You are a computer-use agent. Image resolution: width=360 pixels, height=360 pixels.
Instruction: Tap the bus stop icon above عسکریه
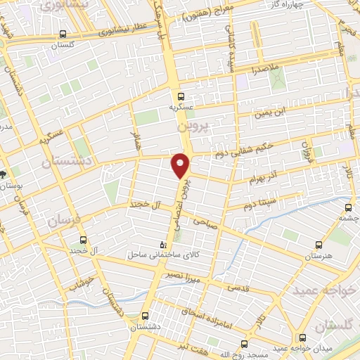(181, 96)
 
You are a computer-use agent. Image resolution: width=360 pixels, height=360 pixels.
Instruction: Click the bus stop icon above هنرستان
(319, 245)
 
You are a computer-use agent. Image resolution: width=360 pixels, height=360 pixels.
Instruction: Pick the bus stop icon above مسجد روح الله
(244, 344)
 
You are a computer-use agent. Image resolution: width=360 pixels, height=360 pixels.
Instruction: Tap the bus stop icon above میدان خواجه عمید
(302, 338)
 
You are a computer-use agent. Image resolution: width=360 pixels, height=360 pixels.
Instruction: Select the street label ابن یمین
(272, 110)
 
